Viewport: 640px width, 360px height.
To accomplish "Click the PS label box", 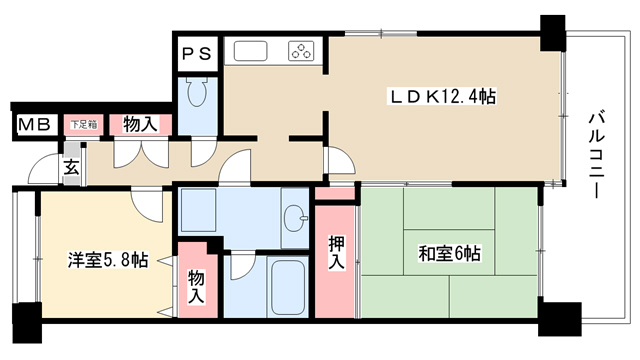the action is [197, 53].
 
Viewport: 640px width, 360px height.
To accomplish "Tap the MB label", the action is [34, 124].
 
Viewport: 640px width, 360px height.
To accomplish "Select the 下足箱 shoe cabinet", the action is [84, 124].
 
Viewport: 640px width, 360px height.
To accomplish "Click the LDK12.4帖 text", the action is [443, 97].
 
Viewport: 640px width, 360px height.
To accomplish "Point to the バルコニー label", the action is [596, 155].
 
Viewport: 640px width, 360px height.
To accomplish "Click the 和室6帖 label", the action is [449, 253].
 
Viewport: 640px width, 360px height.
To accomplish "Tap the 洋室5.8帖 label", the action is [108, 260].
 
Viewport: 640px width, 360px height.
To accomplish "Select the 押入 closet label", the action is [336, 253].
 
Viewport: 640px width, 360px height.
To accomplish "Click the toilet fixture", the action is [197, 92].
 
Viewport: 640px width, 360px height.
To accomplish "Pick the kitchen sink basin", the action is [251, 51].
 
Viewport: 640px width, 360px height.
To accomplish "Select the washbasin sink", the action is [295, 218].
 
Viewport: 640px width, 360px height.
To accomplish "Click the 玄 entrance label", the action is [72, 168].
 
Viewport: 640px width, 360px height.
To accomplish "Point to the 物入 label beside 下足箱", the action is [140, 124].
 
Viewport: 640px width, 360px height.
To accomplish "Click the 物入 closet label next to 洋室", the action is [196, 288].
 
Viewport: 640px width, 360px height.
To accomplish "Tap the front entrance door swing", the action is [45, 168].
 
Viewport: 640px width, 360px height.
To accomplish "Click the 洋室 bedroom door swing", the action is [147, 206].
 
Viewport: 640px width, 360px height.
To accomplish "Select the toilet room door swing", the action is [204, 153].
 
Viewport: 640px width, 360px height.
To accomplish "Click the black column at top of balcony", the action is [553, 33].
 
